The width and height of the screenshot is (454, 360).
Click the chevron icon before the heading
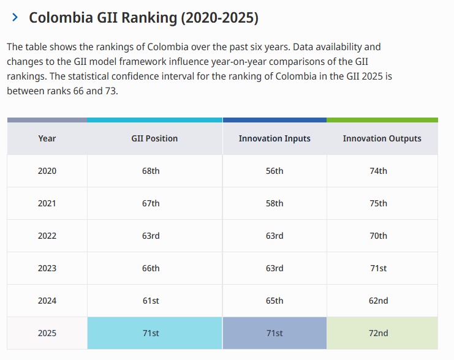click(15, 18)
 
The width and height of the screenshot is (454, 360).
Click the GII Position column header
click(154, 138)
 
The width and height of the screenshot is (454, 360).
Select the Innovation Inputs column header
click(274, 138)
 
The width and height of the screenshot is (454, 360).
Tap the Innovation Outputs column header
click(382, 138)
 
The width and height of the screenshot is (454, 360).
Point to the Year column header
click(47, 138)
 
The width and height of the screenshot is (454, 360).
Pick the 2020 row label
click(47, 171)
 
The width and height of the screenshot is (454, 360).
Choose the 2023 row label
click(47, 268)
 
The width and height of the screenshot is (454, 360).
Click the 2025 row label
click(47, 333)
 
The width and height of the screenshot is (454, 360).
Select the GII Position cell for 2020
click(151, 171)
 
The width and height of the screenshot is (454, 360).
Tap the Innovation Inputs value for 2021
click(274, 203)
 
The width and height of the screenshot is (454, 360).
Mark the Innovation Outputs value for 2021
click(379, 203)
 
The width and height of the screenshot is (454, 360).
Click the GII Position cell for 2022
click(151, 236)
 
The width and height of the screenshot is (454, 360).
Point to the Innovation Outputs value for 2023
click(379, 268)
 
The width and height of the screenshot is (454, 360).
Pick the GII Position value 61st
click(151, 301)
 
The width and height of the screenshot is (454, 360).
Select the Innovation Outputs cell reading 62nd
click(379, 301)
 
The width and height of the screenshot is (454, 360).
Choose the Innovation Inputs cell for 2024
click(274, 301)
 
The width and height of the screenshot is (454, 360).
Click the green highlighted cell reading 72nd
click(379, 333)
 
